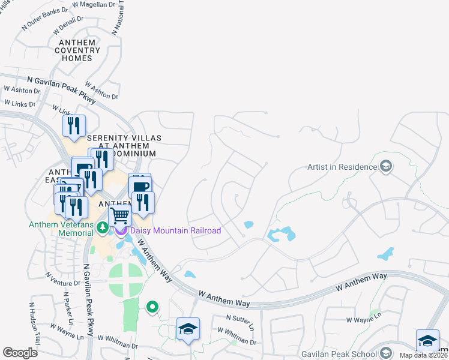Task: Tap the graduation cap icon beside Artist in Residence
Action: [x=386, y=166]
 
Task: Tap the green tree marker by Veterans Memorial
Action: [x=102, y=227]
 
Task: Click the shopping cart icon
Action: [x=120, y=215]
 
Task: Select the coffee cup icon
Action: [x=140, y=186]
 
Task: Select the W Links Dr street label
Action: [x=20, y=104]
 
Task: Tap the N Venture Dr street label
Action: [x=62, y=280]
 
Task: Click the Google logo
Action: [x=20, y=353]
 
